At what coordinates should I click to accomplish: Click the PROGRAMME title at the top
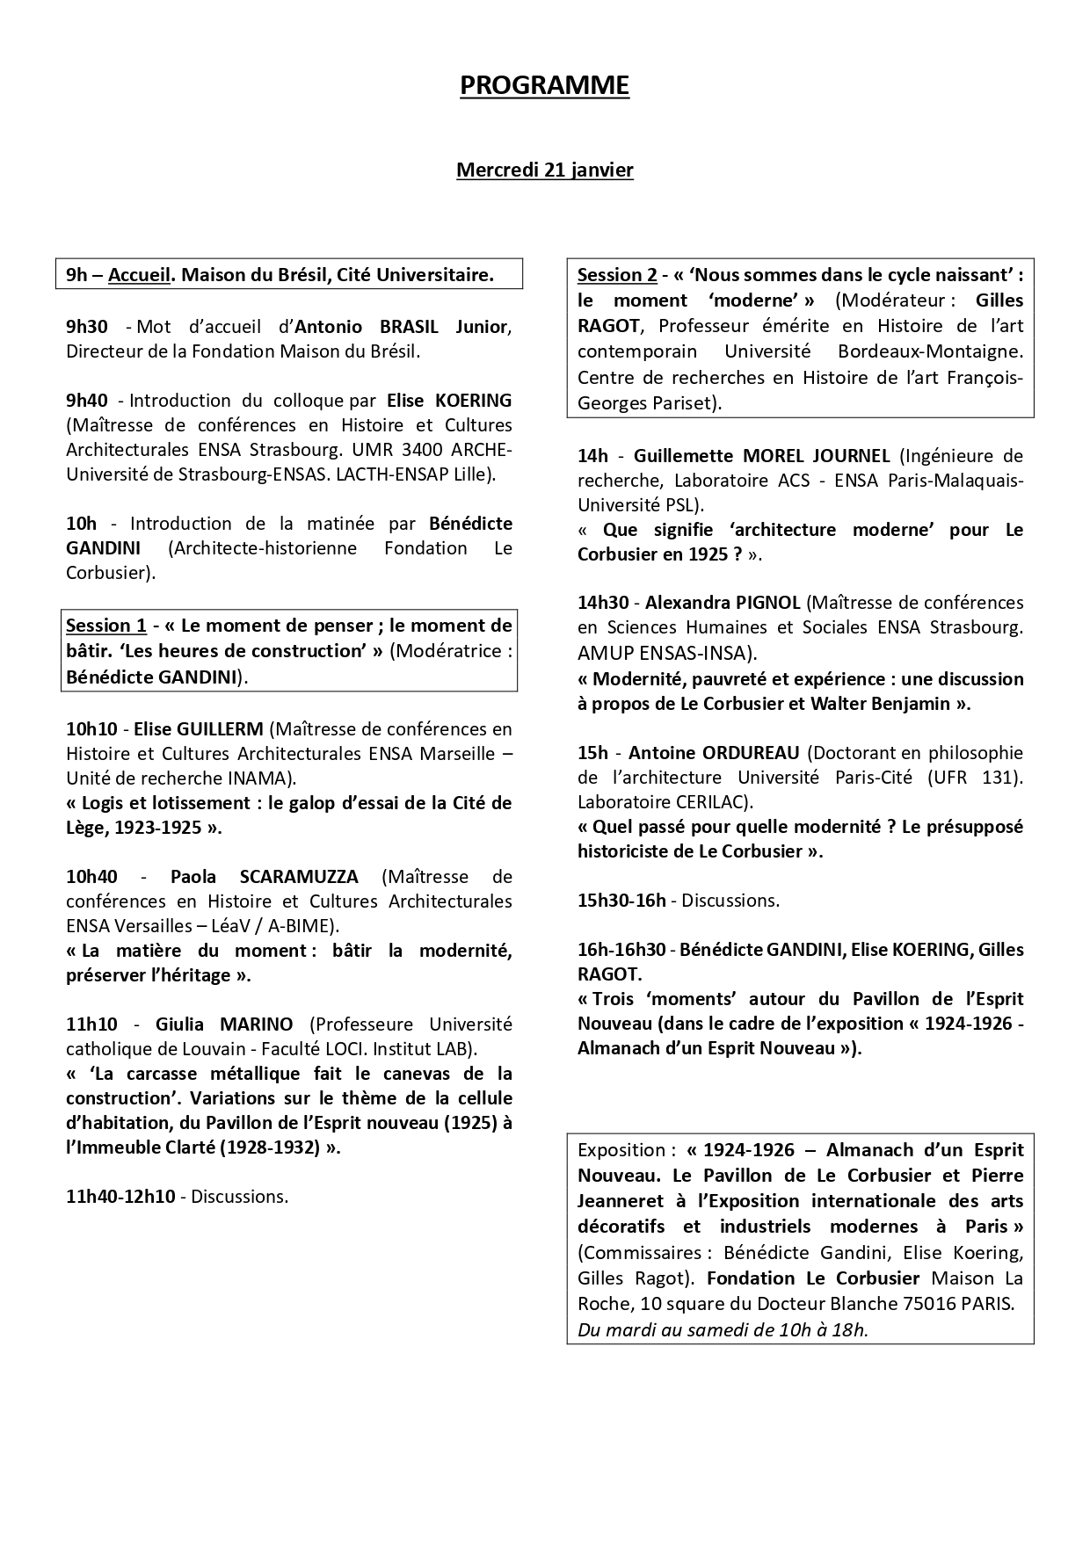(544, 85)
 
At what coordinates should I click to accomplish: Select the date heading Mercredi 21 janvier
(544, 170)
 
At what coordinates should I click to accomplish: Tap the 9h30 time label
(86, 327)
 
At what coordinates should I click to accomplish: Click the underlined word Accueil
(139, 275)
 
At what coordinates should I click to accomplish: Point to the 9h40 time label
(86, 401)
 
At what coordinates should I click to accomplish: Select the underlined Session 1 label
(105, 626)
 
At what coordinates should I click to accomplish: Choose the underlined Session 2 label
(617, 275)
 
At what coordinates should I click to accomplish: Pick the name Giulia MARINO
(224, 1024)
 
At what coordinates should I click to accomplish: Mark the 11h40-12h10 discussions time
(120, 1197)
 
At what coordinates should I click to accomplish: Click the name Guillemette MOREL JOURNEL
(761, 456)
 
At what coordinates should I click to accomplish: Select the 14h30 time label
(603, 603)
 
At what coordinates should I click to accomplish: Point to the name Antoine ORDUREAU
(714, 753)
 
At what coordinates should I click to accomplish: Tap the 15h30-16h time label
(621, 901)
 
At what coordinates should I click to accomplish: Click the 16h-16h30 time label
(623, 950)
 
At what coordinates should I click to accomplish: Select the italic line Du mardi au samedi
(722, 1329)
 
